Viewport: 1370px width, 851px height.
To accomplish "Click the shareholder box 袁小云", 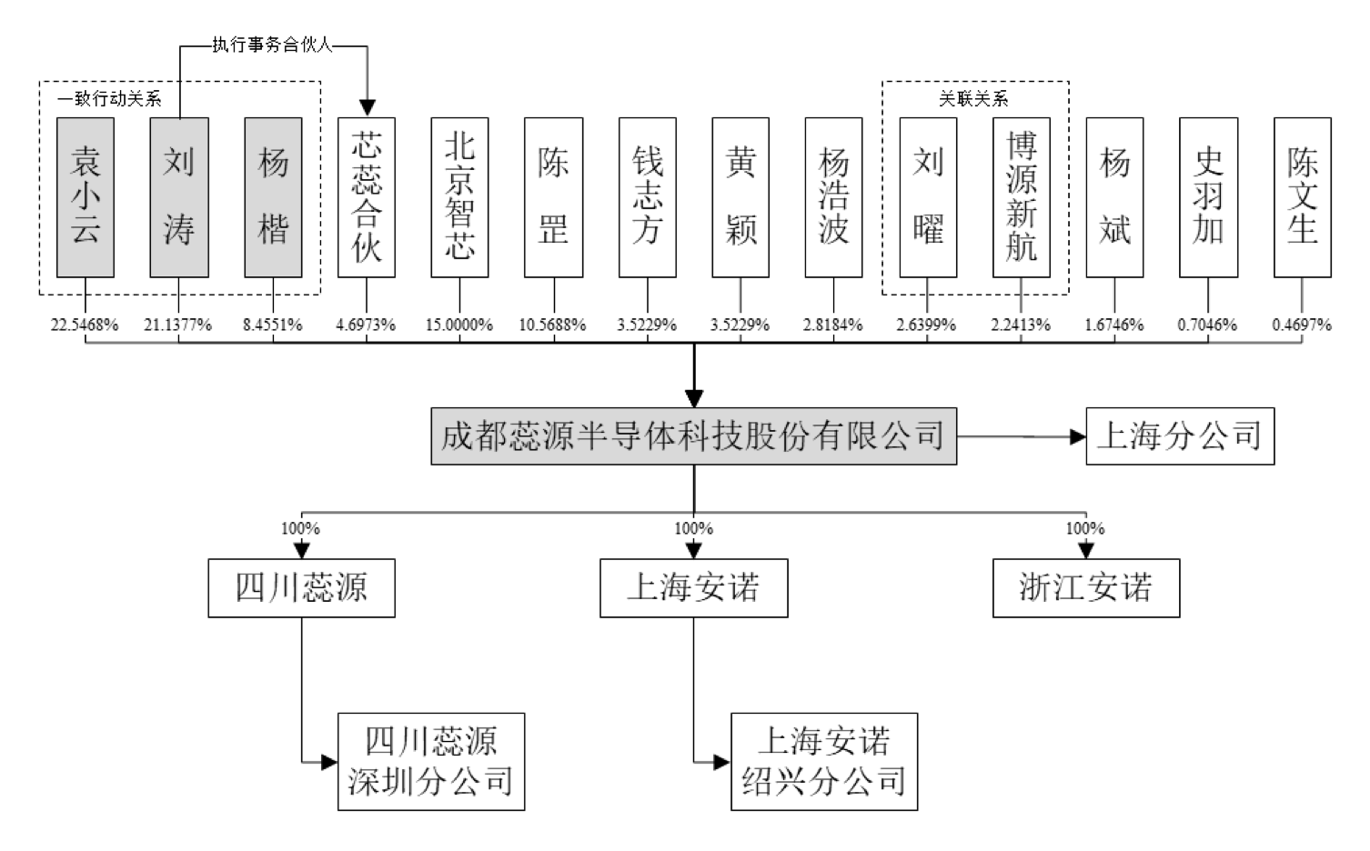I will (x=86, y=197).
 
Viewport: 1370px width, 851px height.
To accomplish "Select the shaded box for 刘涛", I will (x=179, y=197).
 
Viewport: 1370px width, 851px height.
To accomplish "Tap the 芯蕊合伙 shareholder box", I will (x=367, y=197).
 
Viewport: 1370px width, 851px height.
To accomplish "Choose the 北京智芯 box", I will (x=459, y=197).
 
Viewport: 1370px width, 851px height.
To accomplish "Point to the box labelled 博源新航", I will (x=1021, y=197).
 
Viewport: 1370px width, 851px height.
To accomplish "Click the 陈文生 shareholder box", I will (x=1302, y=197).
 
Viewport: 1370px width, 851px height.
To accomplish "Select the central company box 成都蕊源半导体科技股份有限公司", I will (x=693, y=436).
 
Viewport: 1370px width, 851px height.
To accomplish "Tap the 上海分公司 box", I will (x=1180, y=436).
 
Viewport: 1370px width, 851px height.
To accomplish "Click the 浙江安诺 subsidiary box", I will (x=1085, y=588).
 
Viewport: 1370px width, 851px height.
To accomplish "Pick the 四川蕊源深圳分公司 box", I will (x=431, y=762).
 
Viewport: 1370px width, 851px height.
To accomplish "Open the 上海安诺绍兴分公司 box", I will (x=824, y=762).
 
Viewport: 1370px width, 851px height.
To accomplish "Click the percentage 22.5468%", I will (x=85, y=325).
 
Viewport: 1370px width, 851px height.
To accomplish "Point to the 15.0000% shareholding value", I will (x=459, y=325).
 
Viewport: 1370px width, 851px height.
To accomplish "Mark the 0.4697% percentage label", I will (x=1302, y=325).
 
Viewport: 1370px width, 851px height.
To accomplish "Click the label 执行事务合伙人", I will (x=272, y=45).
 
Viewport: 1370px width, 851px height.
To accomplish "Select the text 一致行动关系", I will (x=109, y=98).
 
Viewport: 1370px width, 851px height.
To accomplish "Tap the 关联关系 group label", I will (x=973, y=98).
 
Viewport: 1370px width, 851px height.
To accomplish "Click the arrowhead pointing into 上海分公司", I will (x=1077, y=437).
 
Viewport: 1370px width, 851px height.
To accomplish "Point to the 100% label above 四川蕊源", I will (x=300, y=528).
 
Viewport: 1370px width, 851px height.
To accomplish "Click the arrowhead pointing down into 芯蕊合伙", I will (x=367, y=107).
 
